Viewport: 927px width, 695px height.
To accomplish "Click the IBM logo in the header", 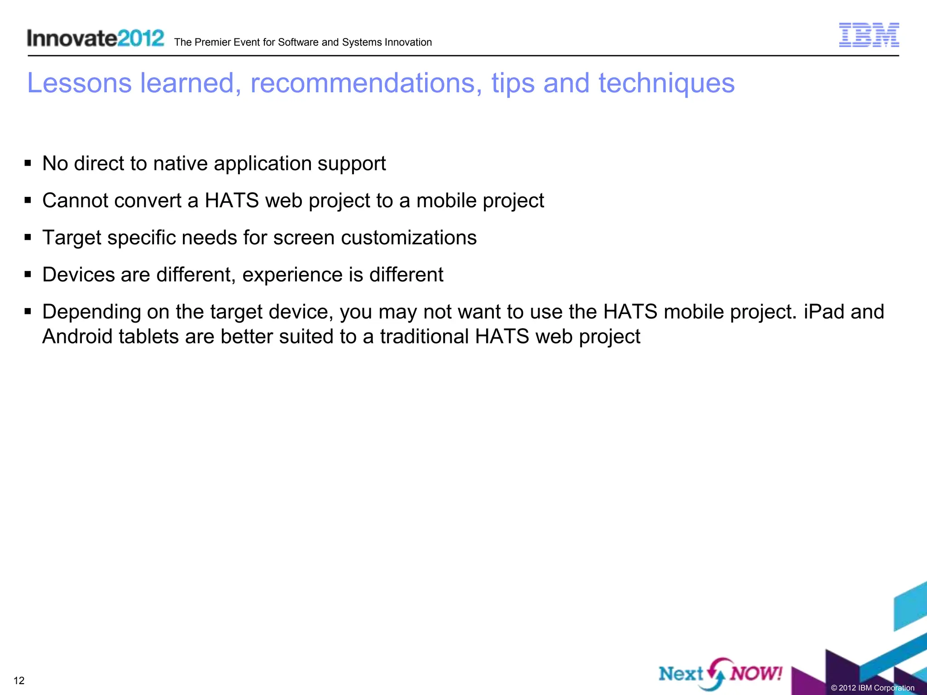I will coord(869,35).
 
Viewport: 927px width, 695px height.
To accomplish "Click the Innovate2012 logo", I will coord(96,38).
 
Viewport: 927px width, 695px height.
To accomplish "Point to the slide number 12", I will coord(19,681).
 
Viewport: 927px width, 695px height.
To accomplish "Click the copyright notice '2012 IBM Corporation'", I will coord(872,688).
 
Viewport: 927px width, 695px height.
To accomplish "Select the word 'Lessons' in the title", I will coord(79,83).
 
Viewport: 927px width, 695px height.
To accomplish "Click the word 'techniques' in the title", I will coord(666,83).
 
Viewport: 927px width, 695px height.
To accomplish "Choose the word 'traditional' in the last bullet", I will coord(424,337).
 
